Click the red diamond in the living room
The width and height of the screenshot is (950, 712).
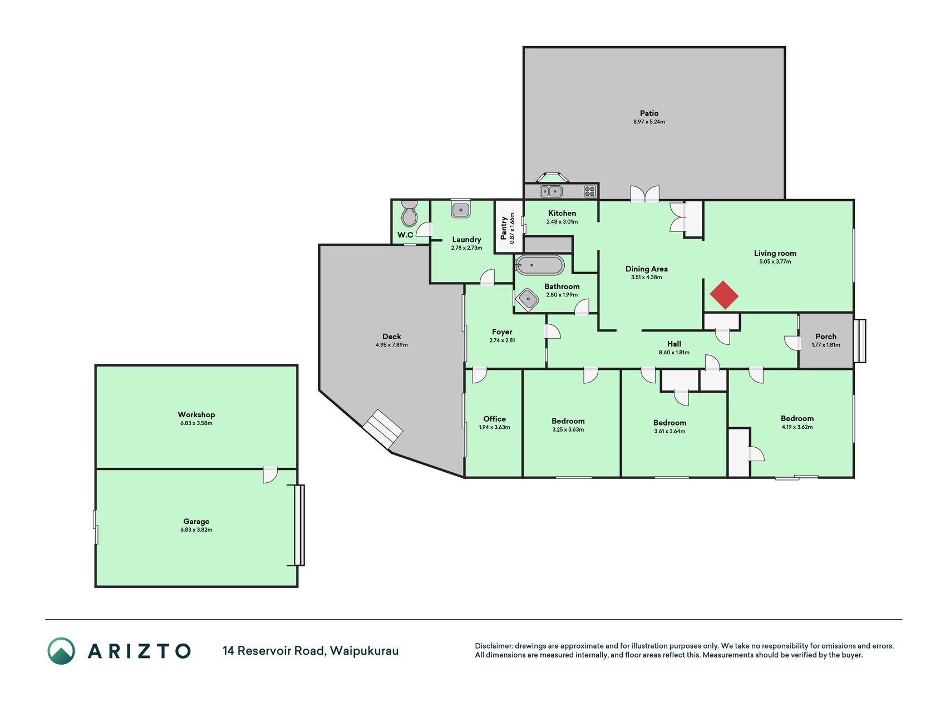click(x=724, y=295)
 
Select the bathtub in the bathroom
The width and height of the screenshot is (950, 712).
click(x=539, y=265)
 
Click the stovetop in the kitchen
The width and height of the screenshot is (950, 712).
click(x=590, y=192)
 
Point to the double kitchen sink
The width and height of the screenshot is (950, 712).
click(x=551, y=192)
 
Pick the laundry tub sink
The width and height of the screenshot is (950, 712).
click(x=461, y=209)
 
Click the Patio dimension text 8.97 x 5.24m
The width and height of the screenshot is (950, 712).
click(x=649, y=122)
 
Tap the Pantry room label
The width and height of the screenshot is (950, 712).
click(x=504, y=228)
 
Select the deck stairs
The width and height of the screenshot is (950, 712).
click(x=382, y=429)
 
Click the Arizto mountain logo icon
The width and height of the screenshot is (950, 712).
click(x=61, y=651)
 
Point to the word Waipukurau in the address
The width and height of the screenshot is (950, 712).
click(x=364, y=651)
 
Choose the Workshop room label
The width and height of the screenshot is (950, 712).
click(x=196, y=414)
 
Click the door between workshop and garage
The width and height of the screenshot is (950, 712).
click(x=270, y=475)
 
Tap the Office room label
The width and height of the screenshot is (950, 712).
click(x=495, y=419)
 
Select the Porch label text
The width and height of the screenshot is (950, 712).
click(x=826, y=337)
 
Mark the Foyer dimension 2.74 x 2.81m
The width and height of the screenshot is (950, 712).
click(x=502, y=340)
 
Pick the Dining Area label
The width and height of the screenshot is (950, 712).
click(x=647, y=269)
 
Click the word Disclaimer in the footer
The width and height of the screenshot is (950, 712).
click(x=493, y=646)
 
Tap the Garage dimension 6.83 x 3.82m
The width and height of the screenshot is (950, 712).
click(x=196, y=530)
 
